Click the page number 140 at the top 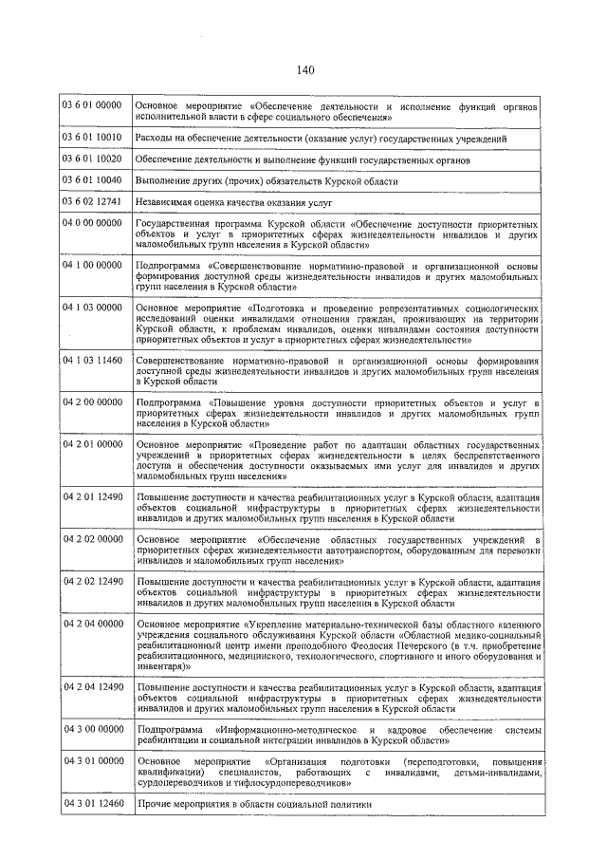(303, 69)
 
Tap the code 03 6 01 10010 (92, 139)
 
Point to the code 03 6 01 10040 (92, 179)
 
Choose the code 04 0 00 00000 (92, 222)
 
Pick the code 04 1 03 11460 (92, 362)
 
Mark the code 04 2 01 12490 (92, 496)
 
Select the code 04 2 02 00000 (92, 538)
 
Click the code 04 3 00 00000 (92, 728)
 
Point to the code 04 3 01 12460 (92, 804)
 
